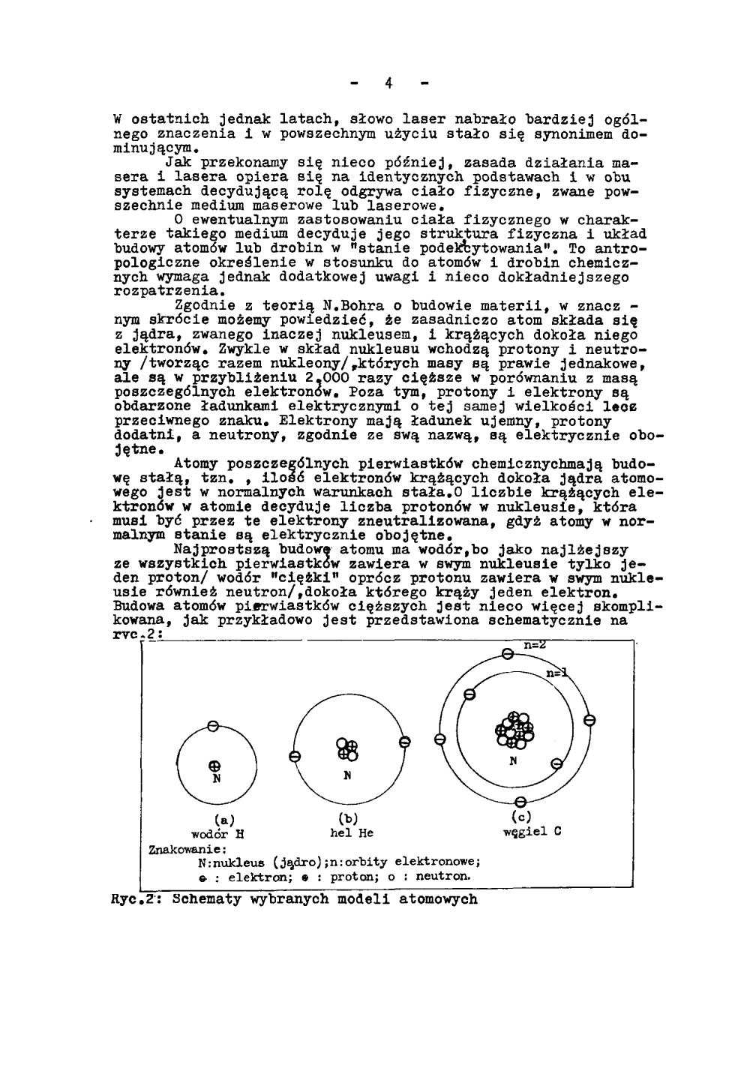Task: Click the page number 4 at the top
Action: (389, 83)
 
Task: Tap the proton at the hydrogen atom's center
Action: (214, 766)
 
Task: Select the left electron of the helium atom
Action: (295, 757)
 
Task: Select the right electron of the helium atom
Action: (405, 742)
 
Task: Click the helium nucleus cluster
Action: (347, 748)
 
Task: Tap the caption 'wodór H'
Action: (214, 833)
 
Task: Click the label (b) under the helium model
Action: (346, 818)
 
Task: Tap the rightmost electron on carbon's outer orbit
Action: (589, 721)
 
